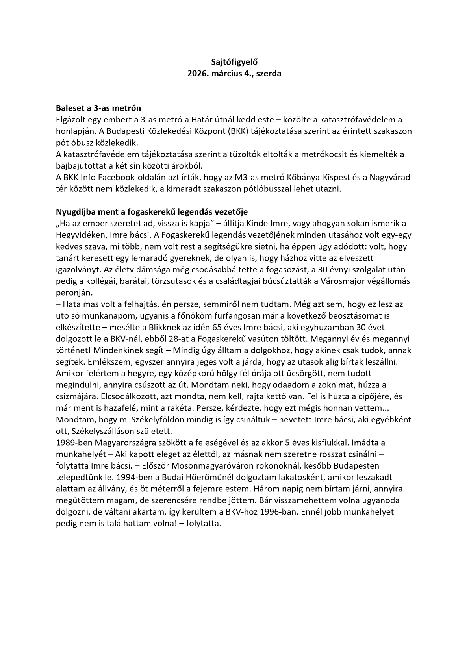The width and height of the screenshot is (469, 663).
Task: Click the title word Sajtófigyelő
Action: (x=234, y=62)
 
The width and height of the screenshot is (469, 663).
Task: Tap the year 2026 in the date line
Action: (x=197, y=74)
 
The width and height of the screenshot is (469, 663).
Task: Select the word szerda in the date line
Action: (x=269, y=74)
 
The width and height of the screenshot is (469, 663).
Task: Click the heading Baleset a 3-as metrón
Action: (x=98, y=108)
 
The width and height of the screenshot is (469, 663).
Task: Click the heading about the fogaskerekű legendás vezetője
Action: (x=152, y=212)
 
